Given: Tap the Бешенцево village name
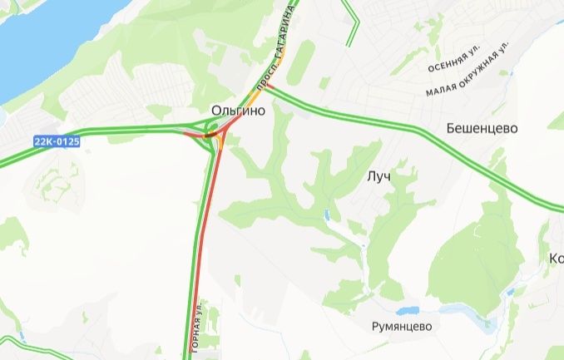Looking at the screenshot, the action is [482, 129].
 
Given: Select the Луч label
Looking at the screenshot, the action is [378, 177].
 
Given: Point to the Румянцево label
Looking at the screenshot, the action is [402, 327].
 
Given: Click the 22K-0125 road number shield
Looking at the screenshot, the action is [57, 141].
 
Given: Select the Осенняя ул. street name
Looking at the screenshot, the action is [454, 62].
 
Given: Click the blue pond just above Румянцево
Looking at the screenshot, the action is [407, 311].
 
